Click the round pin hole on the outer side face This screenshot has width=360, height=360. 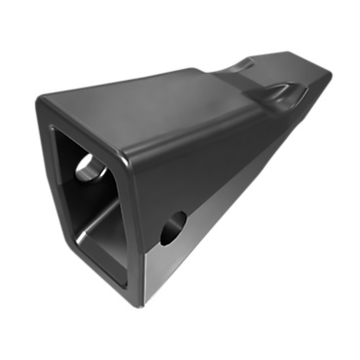(x=173, y=228)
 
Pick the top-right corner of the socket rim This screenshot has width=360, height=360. (x=127, y=156)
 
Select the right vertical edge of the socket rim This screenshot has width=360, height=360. (x=135, y=229)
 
